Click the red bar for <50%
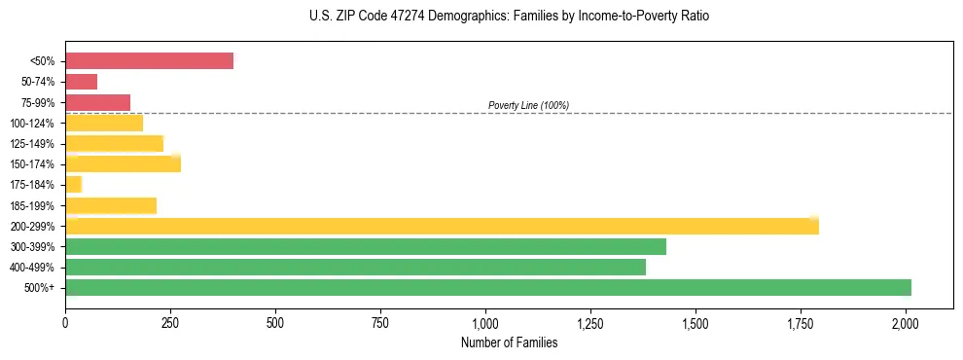tap(149, 61)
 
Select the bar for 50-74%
tap(81, 82)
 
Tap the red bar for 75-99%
tap(97, 102)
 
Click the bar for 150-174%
tap(123, 163)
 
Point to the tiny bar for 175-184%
tap(73, 184)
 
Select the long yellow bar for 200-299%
tap(442, 226)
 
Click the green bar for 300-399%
tap(365, 246)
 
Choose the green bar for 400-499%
tap(355, 267)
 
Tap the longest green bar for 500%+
tap(487, 287)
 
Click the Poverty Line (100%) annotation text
tap(528, 105)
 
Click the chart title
tap(510, 17)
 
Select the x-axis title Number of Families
tap(510, 342)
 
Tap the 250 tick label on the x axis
tap(170, 322)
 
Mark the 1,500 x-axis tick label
tap(695, 322)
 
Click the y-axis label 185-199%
tap(32, 205)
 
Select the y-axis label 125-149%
tap(32, 144)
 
